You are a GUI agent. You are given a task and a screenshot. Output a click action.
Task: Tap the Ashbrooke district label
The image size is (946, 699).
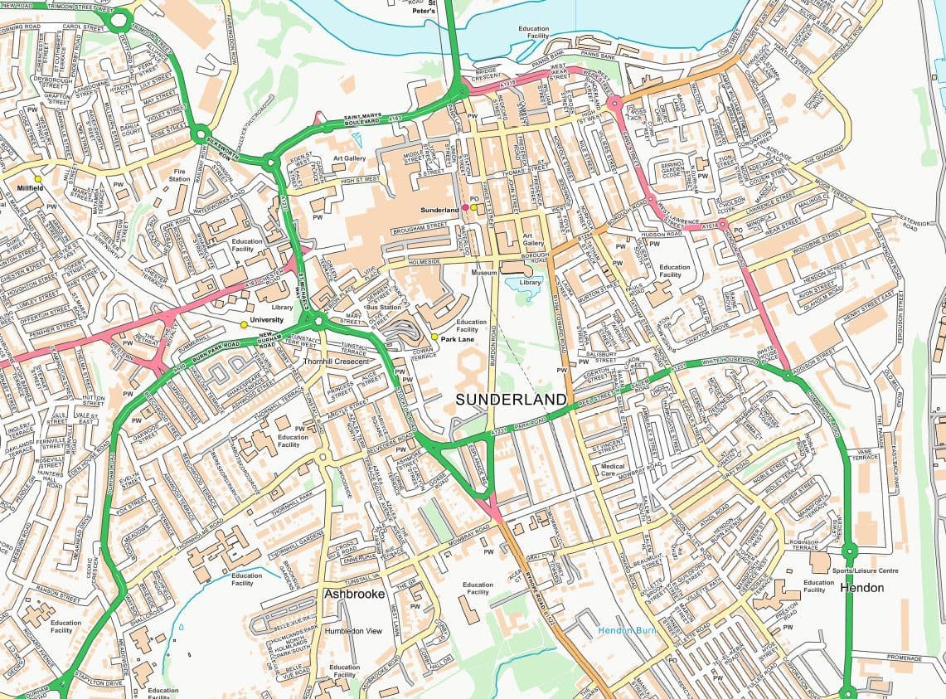click(x=355, y=595)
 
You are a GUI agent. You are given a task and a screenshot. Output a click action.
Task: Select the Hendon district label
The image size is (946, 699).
click(x=861, y=588)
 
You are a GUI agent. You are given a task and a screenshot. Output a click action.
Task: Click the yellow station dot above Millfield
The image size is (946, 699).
click(x=37, y=178)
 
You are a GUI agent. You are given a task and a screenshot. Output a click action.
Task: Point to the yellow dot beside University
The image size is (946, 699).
click(x=243, y=324)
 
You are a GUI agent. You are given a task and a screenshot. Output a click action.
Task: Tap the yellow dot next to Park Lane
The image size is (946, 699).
click(x=434, y=337)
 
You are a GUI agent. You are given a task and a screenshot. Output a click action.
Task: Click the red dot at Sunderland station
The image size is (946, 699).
click(x=464, y=208)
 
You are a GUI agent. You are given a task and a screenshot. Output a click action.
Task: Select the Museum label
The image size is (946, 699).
click(x=483, y=272)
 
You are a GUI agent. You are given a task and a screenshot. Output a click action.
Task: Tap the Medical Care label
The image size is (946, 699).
click(x=613, y=471)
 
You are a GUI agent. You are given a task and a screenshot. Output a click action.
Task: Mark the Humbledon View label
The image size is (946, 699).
click(x=353, y=631)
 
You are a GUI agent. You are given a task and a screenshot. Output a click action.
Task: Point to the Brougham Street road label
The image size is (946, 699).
click(x=420, y=225)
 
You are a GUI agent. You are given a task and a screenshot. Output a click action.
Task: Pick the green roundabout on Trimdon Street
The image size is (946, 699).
click(x=119, y=18)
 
